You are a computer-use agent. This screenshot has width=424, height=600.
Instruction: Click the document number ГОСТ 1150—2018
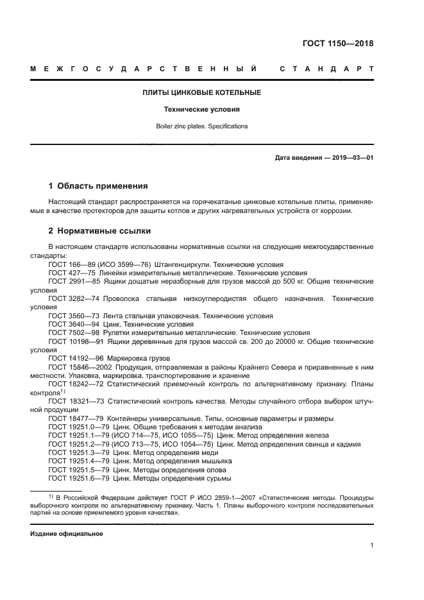point(337,44)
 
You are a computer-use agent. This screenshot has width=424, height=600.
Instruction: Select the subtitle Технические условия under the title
point(201,110)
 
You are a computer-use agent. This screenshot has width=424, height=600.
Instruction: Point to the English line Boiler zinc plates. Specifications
point(201,126)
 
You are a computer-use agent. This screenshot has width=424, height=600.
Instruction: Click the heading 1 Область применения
point(98,186)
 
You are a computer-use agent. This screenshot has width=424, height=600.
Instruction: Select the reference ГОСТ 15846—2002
point(77,366)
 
